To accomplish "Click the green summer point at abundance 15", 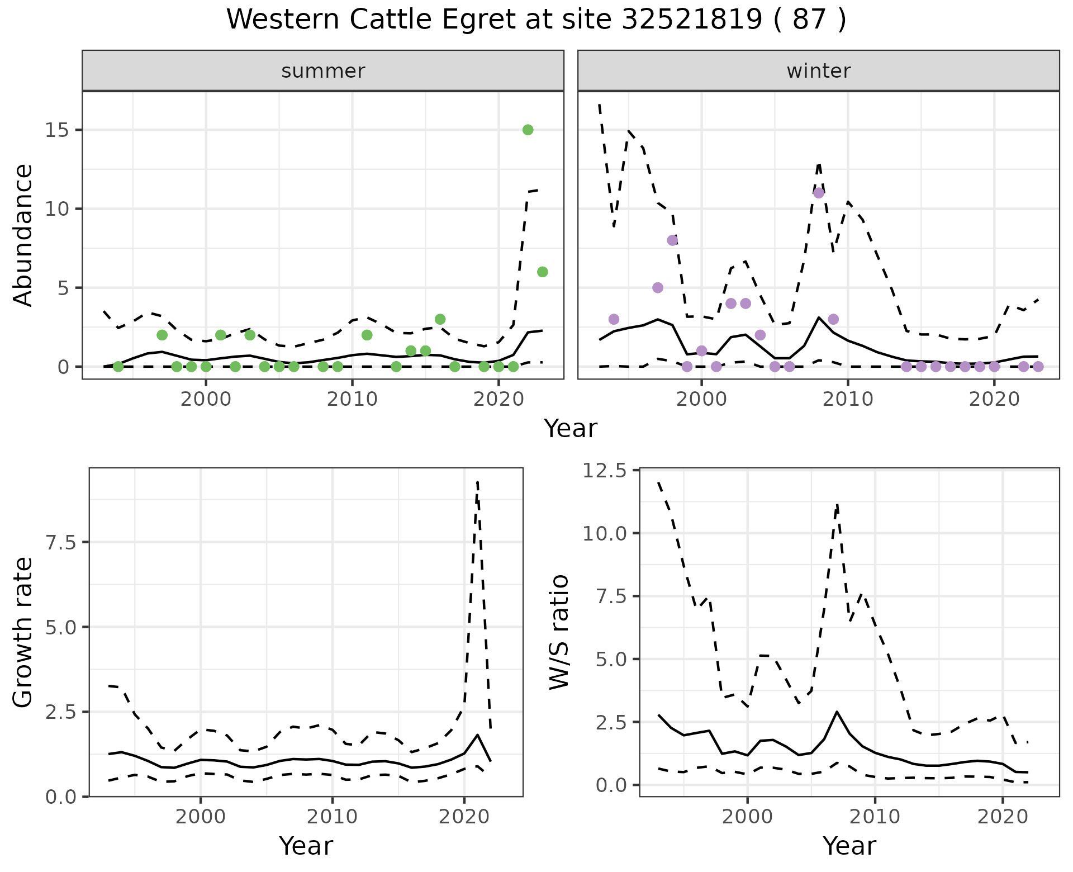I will (528, 130).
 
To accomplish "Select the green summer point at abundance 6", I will (542, 272).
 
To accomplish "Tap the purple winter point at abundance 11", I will (819, 193).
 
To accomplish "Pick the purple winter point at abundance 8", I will (672, 240).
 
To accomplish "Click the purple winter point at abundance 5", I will (658, 287).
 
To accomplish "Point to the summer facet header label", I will (323, 71).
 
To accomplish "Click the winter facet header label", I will (818, 71).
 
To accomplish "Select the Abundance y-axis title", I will (23, 235).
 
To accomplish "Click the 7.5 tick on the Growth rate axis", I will (63, 542).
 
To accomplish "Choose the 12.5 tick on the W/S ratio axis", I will (605, 471).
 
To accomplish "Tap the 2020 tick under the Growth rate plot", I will (464, 817).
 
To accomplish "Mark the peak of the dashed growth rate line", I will (477, 482).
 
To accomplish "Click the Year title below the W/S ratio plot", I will (849, 846).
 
